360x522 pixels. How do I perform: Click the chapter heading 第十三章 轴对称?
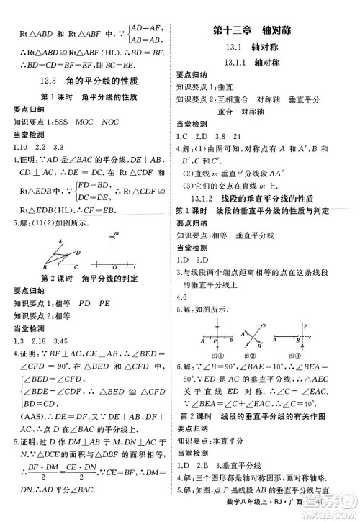pyautogui.click(x=266, y=32)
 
